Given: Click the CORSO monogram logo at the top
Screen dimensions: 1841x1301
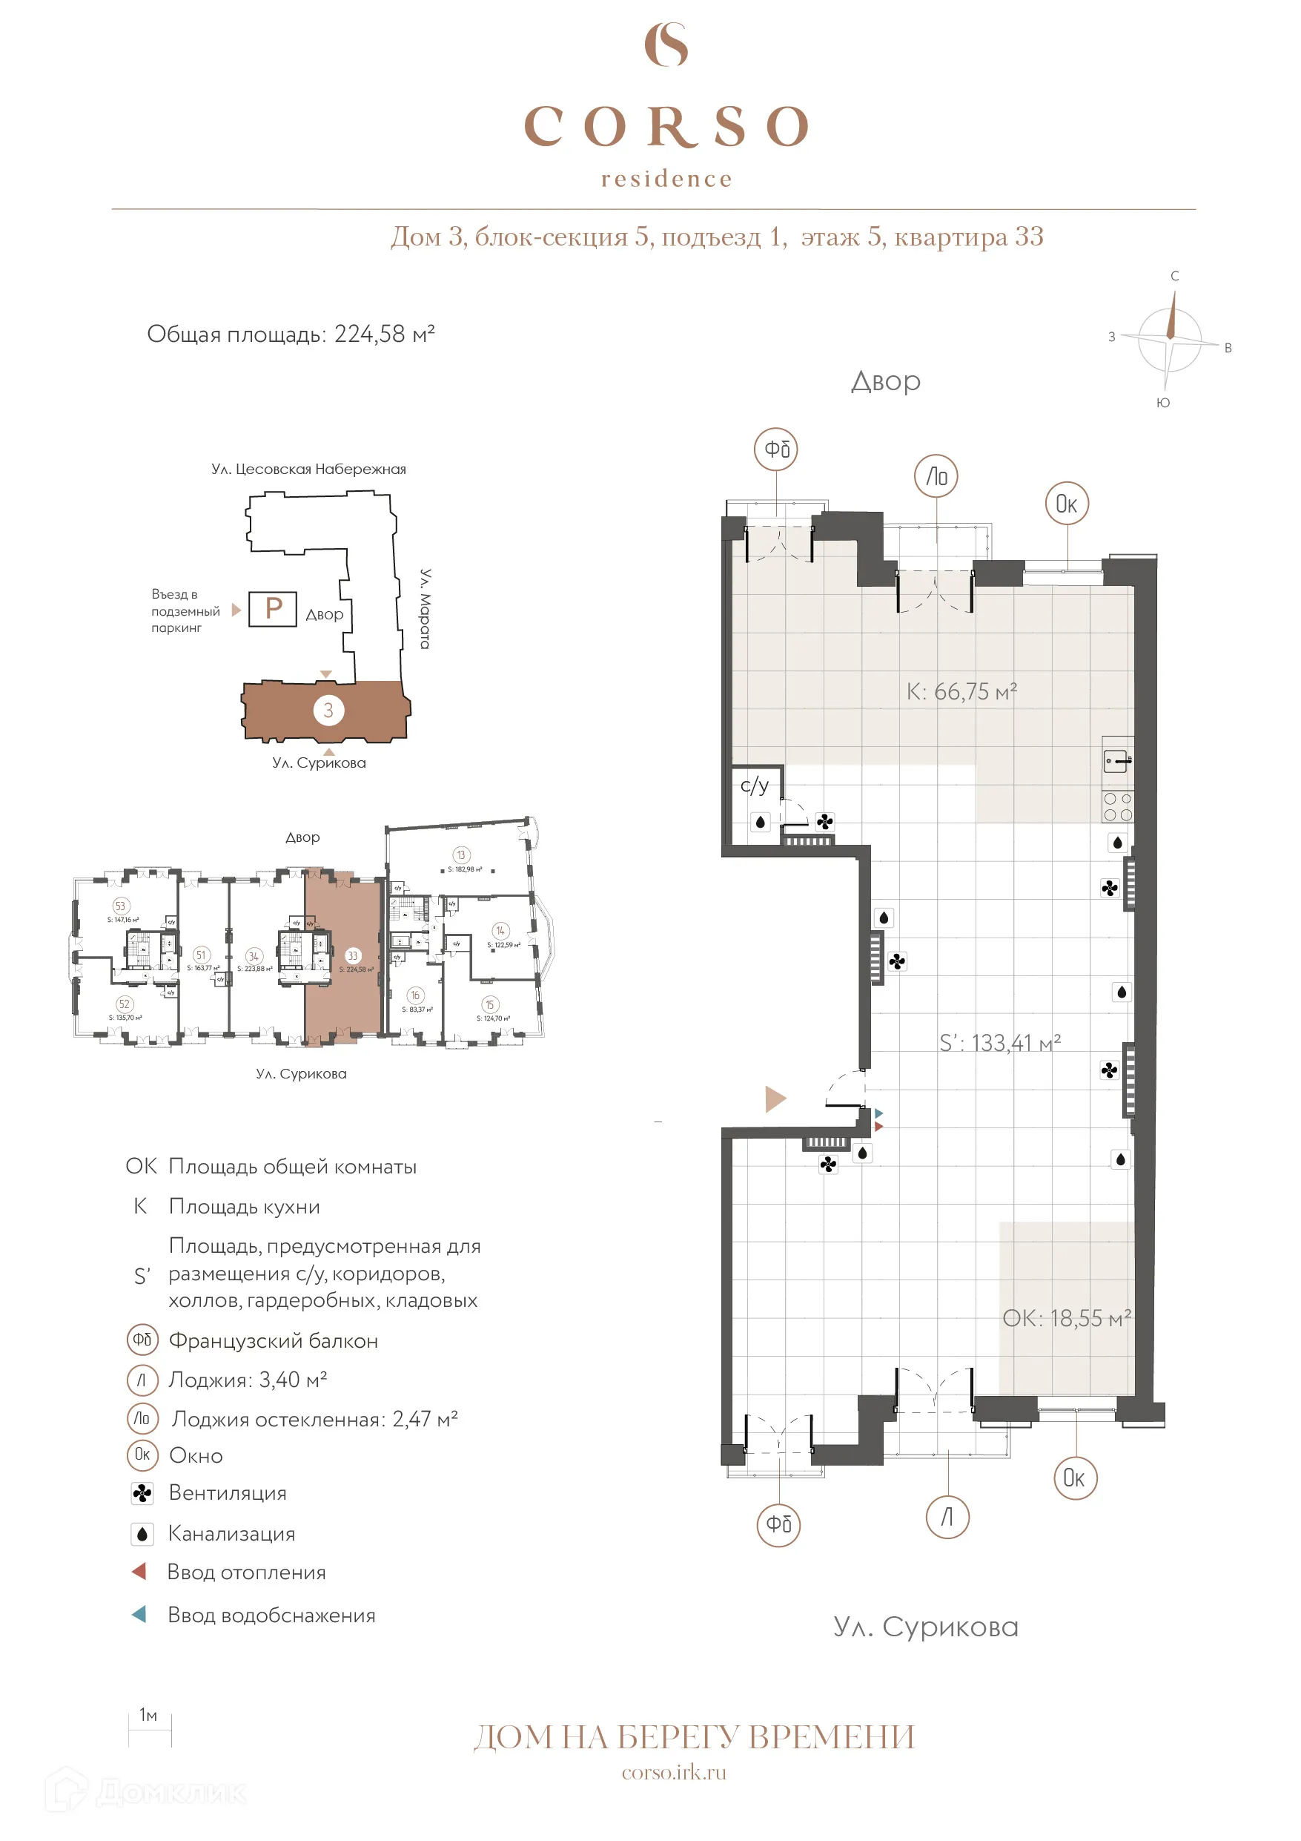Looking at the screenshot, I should [666, 45].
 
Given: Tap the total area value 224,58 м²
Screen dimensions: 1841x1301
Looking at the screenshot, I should [384, 334].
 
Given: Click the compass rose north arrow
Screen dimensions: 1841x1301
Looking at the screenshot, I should [1171, 316].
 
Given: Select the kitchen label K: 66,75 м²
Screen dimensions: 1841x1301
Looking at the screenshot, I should [961, 691].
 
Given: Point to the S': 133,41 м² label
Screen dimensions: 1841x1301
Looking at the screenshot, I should [999, 1042].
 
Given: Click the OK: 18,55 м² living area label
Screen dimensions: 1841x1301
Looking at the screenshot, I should [1066, 1318].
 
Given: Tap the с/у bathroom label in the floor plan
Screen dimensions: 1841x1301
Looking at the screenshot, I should [755, 785].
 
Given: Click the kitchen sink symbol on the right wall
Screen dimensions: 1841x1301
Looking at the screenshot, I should [1116, 759].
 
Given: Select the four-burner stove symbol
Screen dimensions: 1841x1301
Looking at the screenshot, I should [1117, 806].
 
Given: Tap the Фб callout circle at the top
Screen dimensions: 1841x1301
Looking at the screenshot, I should [776, 449].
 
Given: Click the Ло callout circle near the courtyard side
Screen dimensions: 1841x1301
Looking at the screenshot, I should [936, 477].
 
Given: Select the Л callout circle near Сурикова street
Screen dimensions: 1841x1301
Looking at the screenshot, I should [947, 1517].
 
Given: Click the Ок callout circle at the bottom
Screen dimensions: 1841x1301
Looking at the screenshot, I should [1074, 1478].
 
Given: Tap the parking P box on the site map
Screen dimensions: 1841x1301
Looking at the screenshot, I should [273, 608].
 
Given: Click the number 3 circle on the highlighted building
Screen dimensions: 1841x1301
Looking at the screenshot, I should [328, 710].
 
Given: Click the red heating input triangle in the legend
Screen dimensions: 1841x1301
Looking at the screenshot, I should [139, 1572].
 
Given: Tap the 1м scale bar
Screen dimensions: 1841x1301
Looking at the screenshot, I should [150, 1730].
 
